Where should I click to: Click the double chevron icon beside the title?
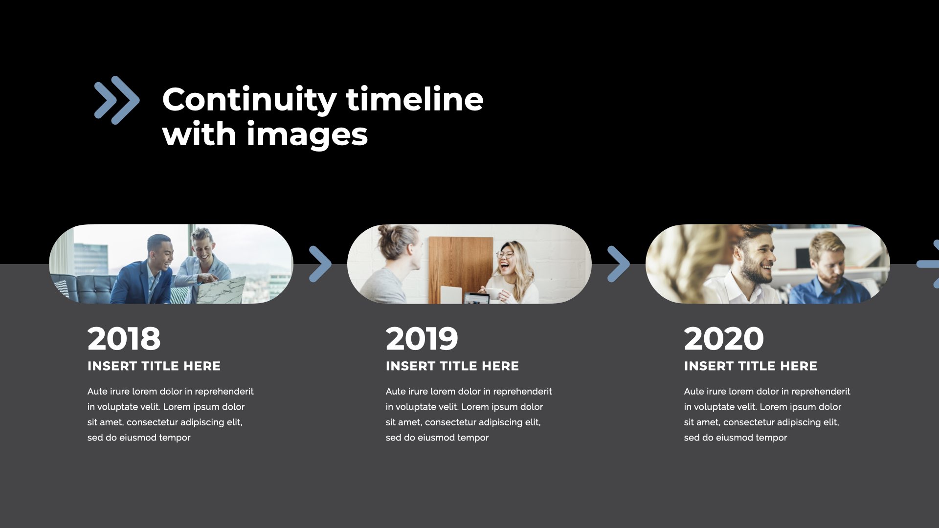117,100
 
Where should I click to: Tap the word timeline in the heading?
415,99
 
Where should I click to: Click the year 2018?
124,339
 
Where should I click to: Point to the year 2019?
422,339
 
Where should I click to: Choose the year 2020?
724,339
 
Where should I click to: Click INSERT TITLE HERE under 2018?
154,366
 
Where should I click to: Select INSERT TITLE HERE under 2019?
452,366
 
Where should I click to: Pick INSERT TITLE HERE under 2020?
751,366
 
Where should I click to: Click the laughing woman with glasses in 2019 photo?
511,271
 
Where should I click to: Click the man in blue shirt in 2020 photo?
827,271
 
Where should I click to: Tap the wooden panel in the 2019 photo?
461,269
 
